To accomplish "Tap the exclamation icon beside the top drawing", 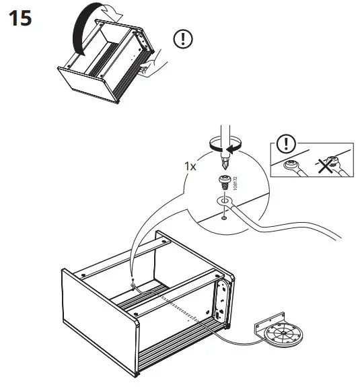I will (x=182, y=38).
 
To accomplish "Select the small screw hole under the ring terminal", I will (x=223, y=217).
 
